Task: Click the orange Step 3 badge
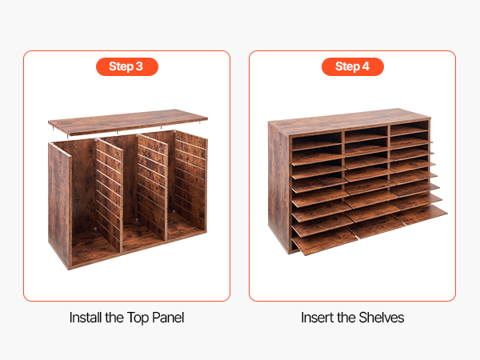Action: coord(127,66)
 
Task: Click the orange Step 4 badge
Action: coord(353,66)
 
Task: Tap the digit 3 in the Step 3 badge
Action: coord(139,66)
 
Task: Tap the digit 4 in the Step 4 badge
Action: coord(366,66)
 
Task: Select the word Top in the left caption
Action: coord(138,318)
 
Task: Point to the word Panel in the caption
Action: coord(168,318)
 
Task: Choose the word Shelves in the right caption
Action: coord(382,318)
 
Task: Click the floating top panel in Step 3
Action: coord(128,122)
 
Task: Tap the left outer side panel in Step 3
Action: coord(60,205)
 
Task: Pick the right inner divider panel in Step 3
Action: coord(152,187)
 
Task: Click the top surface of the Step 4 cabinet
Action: coord(349,122)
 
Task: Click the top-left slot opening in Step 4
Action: coord(317,138)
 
